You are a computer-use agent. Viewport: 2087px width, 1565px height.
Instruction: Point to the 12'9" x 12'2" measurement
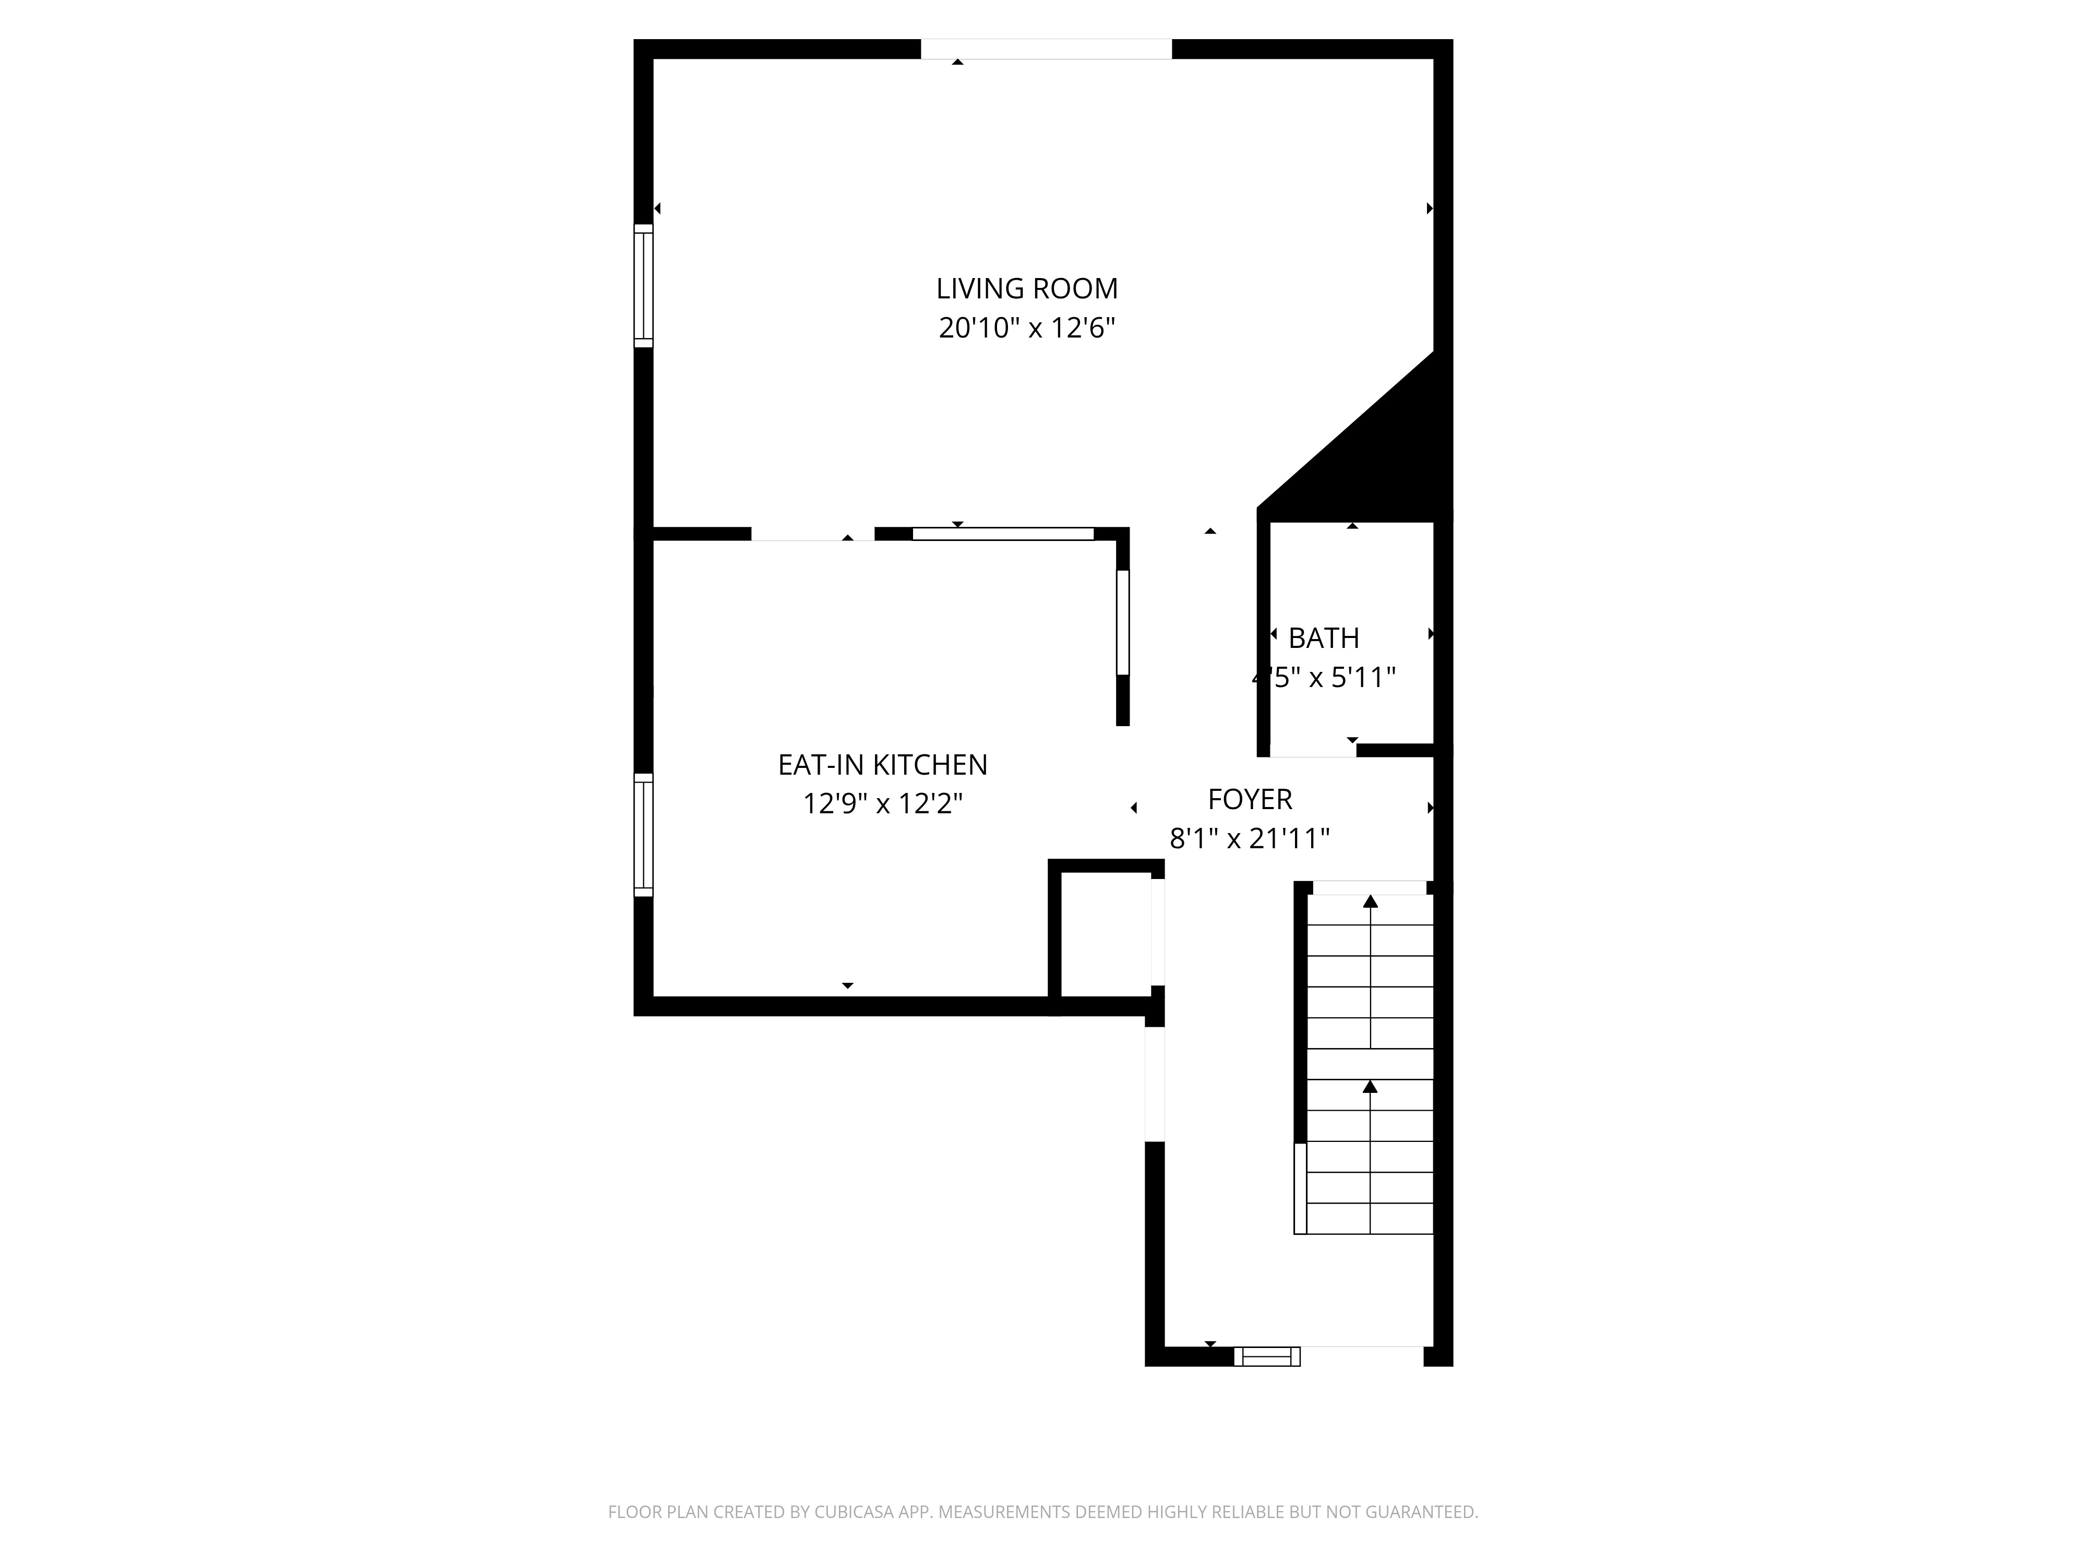882,804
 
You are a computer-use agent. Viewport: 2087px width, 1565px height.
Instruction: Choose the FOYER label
1250,799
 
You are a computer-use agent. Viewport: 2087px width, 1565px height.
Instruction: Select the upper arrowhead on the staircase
1370,901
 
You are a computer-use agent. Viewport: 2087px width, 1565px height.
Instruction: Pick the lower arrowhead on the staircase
1370,1087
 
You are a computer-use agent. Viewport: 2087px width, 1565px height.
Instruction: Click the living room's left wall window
642,286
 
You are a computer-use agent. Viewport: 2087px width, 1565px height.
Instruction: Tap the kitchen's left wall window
642,834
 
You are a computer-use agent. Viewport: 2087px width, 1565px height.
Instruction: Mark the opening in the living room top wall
1046,49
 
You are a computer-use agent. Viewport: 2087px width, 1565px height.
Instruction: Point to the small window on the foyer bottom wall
1267,1356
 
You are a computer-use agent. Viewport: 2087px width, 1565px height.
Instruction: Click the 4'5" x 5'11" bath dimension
1324,677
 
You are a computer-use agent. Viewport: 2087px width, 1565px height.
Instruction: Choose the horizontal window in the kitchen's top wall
1003,534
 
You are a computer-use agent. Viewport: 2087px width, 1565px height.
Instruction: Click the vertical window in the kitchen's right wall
1123,622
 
